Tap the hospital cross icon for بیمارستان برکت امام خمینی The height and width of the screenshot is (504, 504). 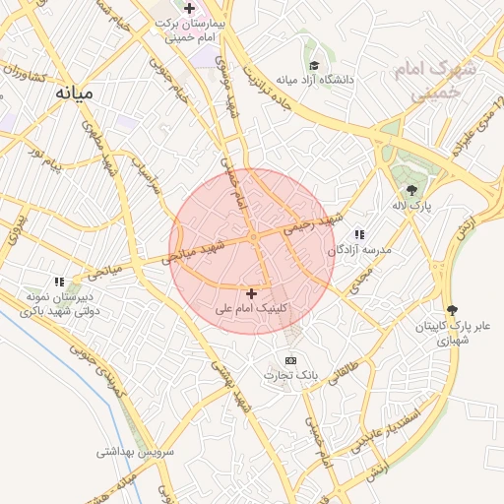188,8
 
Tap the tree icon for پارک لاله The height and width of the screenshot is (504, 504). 410,190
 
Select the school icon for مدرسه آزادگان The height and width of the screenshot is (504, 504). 360,234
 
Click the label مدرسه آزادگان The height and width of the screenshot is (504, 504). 364,250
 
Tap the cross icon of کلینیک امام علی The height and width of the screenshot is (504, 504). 252,293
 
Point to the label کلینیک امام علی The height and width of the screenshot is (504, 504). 252,309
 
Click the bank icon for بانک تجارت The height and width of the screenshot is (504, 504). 290,361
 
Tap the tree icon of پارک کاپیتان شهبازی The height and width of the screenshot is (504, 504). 452,310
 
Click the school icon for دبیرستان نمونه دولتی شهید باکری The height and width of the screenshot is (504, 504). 59,282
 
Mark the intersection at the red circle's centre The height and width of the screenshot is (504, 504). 253,237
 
